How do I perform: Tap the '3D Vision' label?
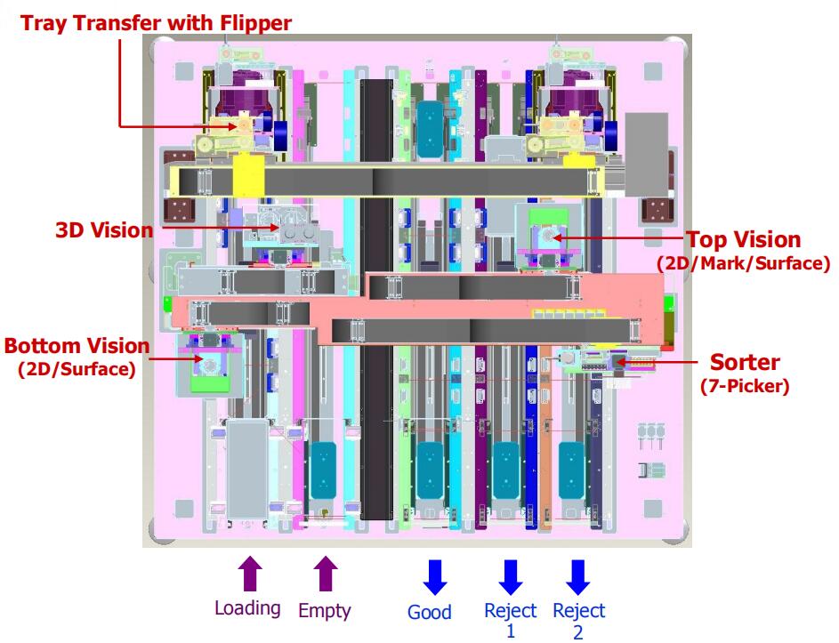(104, 230)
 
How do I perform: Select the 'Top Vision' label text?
(742, 239)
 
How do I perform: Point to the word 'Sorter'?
(744, 363)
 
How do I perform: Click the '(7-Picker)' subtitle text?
(744, 386)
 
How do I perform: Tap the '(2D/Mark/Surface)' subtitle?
(743, 263)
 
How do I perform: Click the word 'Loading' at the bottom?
(248, 609)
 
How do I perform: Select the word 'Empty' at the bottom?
(325, 611)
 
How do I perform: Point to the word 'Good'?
(430, 612)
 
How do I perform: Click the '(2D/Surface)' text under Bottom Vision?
(77, 368)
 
